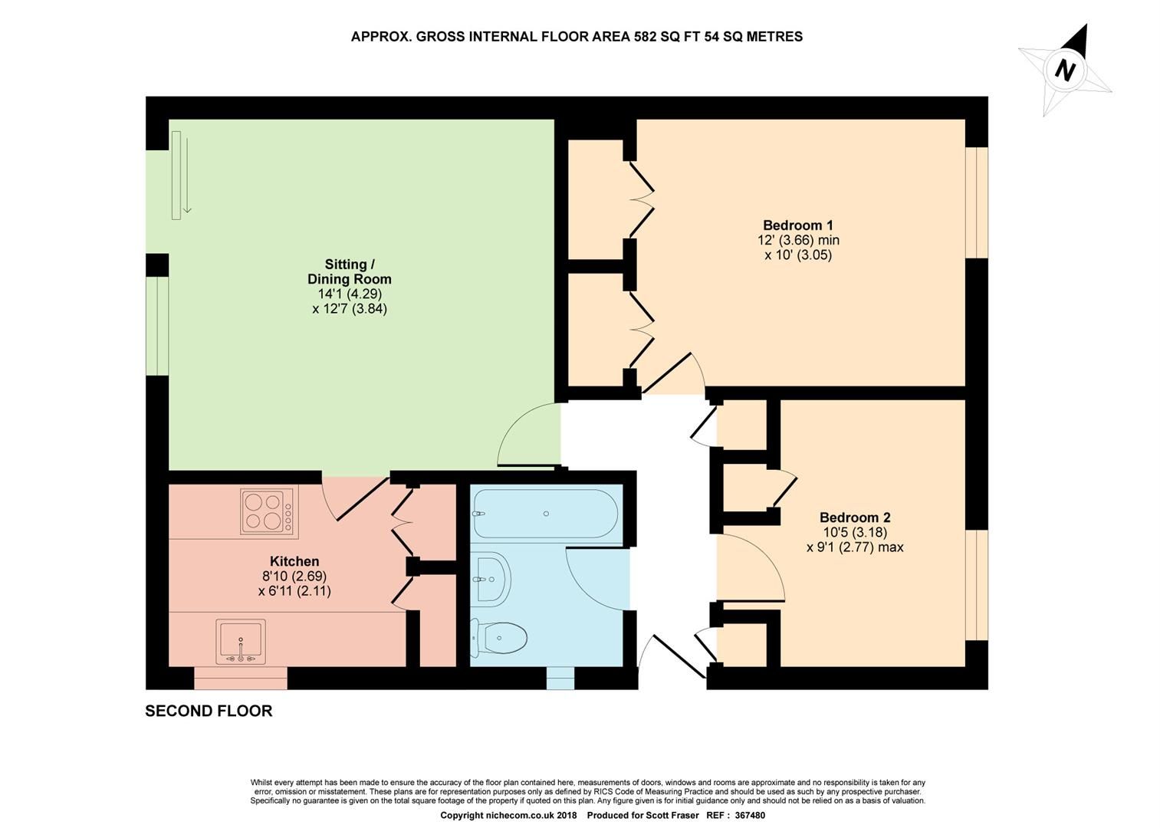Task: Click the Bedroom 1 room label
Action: point(797,225)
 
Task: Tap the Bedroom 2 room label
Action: point(854,517)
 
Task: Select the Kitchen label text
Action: point(294,561)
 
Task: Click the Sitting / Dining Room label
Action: point(350,271)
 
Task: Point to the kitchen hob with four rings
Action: point(265,511)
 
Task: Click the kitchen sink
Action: point(241,642)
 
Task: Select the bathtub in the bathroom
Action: point(545,514)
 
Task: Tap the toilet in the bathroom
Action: point(499,638)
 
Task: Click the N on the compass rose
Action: point(1064,71)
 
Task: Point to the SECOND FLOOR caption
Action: point(209,711)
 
